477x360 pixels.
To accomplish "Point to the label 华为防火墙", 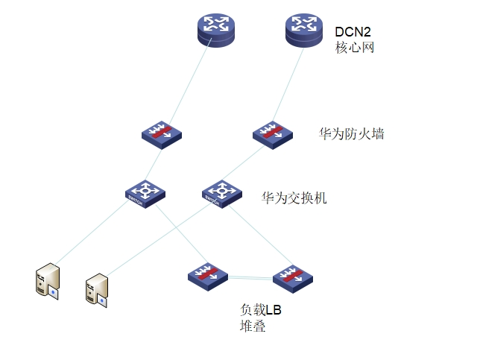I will (x=351, y=134).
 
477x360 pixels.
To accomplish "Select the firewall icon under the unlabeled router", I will (x=162, y=134).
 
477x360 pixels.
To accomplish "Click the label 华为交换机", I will (x=294, y=198).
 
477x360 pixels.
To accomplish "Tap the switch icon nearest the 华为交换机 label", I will (x=221, y=193).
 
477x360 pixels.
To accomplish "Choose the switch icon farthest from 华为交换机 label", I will (x=145, y=192).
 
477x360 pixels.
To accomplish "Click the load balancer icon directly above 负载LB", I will (x=207, y=276).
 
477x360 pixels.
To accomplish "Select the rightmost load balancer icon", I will (x=292, y=277).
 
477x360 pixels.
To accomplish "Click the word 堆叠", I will (x=252, y=326).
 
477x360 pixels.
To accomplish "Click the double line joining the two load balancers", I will (x=250, y=277).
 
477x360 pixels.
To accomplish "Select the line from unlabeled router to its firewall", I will (x=186, y=86).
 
